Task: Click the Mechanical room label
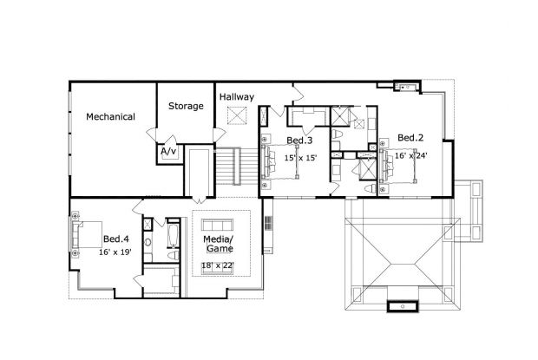click(x=110, y=116)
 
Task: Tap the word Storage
click(x=186, y=107)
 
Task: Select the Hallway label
click(x=236, y=96)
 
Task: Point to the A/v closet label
click(x=168, y=151)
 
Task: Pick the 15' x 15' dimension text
click(x=300, y=158)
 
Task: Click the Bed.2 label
click(x=410, y=138)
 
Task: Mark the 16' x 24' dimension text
click(x=412, y=155)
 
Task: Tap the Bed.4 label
click(x=116, y=239)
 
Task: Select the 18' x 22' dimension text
click(x=218, y=265)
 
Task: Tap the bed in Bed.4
click(x=86, y=235)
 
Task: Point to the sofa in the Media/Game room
click(x=218, y=274)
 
